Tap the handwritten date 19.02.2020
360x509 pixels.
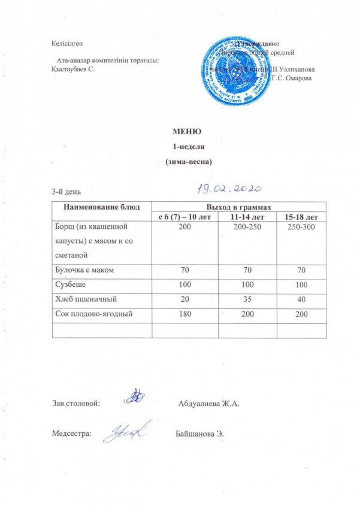(227, 189)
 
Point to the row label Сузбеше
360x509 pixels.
(68, 284)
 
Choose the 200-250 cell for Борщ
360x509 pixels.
(243, 229)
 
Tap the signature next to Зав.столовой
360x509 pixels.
(137, 396)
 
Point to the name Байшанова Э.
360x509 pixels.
(200, 434)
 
